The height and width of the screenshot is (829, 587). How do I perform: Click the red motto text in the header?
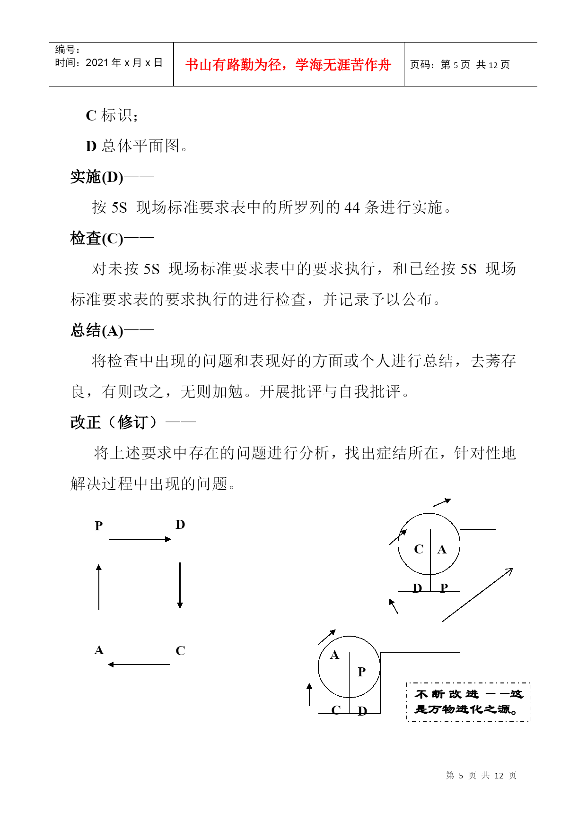click(x=288, y=65)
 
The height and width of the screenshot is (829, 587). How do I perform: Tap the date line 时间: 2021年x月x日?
click(x=109, y=63)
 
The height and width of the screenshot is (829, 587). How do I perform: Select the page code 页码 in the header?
click(x=459, y=65)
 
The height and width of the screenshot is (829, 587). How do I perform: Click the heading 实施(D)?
click(x=97, y=177)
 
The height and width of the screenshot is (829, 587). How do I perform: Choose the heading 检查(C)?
click(x=97, y=238)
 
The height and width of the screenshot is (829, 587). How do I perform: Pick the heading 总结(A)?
click(x=97, y=330)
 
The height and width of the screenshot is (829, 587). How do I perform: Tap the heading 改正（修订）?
click(x=114, y=422)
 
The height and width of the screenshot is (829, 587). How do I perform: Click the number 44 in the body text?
click(x=352, y=207)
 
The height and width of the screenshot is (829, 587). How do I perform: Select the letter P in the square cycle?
click(x=99, y=526)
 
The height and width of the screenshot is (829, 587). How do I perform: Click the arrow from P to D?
click(x=140, y=539)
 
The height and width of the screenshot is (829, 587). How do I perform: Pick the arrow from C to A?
click(x=139, y=665)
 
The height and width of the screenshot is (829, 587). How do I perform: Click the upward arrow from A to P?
click(x=99, y=587)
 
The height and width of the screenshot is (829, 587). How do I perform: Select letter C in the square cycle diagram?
click(x=180, y=651)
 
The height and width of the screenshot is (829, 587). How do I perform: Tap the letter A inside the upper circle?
click(x=442, y=549)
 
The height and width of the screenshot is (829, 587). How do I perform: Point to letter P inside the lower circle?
click(x=362, y=672)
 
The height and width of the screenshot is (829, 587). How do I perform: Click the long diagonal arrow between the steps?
click(x=478, y=595)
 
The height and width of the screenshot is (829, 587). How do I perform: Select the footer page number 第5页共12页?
click(x=481, y=776)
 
